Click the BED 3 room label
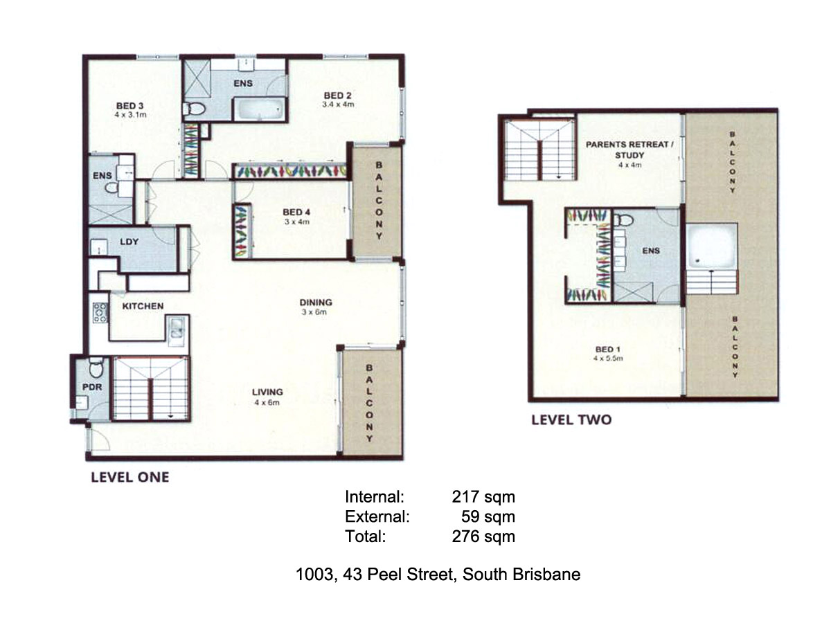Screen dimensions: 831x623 [x=129, y=105]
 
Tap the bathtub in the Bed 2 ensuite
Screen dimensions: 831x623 [x=260, y=109]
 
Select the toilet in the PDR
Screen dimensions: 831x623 [x=96, y=367]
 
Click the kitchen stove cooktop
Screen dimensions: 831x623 [x=100, y=312]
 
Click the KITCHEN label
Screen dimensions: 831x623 [x=143, y=306]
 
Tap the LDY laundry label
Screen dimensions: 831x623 [x=129, y=242]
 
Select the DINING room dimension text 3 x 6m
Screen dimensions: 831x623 [x=314, y=312]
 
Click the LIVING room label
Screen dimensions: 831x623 [x=267, y=392]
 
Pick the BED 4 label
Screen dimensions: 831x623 [x=296, y=213]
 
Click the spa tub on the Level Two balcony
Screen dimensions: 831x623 [x=712, y=246]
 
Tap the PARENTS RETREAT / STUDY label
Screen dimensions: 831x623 [x=629, y=150]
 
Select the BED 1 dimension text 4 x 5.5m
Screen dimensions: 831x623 [x=608, y=358]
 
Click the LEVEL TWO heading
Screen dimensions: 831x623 [x=571, y=420]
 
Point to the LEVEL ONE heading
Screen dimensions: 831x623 [x=130, y=478]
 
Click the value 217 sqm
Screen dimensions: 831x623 [x=483, y=496]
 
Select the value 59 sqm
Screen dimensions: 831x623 [x=488, y=516]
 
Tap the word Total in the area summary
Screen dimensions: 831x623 [x=366, y=536]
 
